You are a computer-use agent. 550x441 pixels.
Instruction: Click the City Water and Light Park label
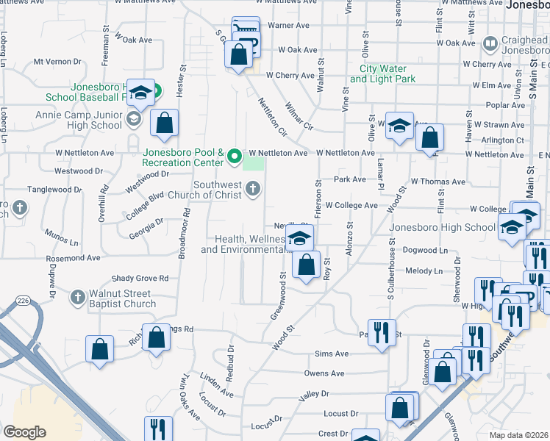[x=382, y=73]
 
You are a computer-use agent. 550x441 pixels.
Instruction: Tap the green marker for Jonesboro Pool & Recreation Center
[x=235, y=156]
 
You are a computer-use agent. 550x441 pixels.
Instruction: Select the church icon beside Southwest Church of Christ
[x=252, y=190]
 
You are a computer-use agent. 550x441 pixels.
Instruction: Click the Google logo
[x=24, y=432]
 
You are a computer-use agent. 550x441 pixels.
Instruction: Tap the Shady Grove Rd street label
[x=140, y=279]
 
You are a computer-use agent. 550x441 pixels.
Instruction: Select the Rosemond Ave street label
[x=73, y=259]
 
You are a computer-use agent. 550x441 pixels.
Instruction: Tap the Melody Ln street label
[x=428, y=271]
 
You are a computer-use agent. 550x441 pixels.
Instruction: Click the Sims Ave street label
[x=331, y=354]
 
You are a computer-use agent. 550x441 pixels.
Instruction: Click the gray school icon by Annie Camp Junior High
[x=134, y=118]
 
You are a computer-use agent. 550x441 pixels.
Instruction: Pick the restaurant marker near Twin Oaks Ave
[x=158, y=429]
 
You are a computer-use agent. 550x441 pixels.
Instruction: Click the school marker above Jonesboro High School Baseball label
[x=140, y=93]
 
